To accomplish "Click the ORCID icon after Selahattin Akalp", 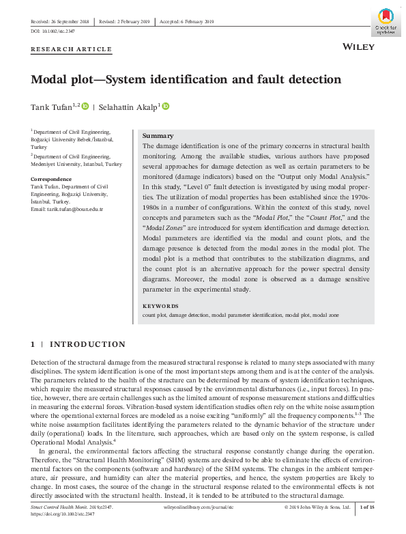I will (x=164, y=107).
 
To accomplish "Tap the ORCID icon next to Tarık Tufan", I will (x=85, y=107).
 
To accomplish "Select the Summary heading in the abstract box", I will (x=158, y=136).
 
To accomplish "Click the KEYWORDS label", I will (x=160, y=307).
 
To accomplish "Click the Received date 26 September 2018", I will (x=61, y=22).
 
